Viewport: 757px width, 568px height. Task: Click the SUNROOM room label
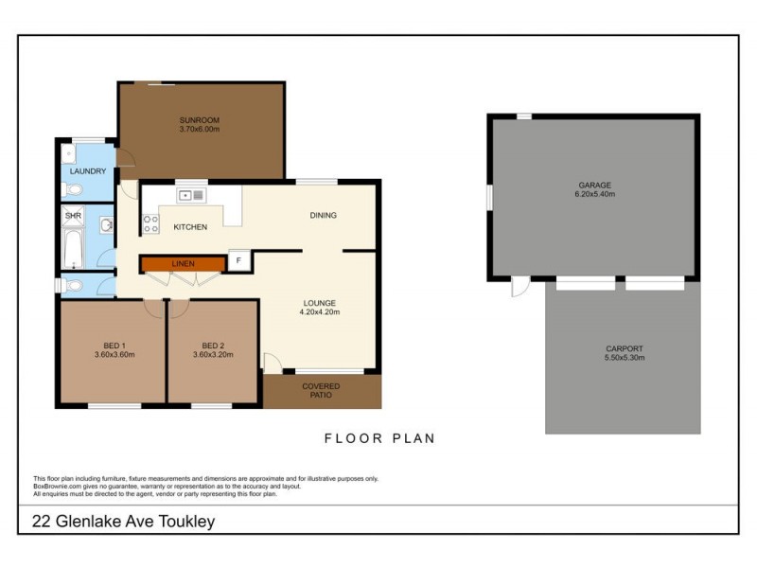(x=200, y=120)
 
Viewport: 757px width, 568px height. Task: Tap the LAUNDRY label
(x=88, y=171)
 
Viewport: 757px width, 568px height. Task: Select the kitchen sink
(x=192, y=196)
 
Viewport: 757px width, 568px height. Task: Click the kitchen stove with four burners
(x=150, y=223)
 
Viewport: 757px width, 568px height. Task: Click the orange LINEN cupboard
(x=184, y=263)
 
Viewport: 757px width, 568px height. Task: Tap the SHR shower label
(x=73, y=217)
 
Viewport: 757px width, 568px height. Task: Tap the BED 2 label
(x=213, y=345)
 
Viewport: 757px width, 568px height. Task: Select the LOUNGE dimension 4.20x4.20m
(x=319, y=311)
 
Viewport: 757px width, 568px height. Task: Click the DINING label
(x=323, y=215)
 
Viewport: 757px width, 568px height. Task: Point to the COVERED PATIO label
(x=321, y=392)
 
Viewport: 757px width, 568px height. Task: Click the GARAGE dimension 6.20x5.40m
(x=595, y=194)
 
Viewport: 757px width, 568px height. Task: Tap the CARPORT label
(x=624, y=348)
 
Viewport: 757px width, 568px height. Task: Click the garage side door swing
(x=517, y=288)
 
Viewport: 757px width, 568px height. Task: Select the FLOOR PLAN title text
(x=379, y=438)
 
